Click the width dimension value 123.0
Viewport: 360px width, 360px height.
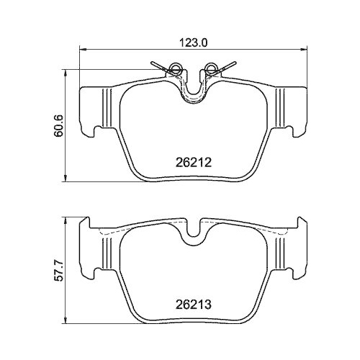point(194,42)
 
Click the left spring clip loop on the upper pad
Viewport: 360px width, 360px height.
point(173,70)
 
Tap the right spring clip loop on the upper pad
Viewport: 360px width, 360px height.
point(211,70)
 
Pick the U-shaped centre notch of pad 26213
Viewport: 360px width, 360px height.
point(192,233)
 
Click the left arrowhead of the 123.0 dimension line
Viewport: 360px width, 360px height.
point(81,50)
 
